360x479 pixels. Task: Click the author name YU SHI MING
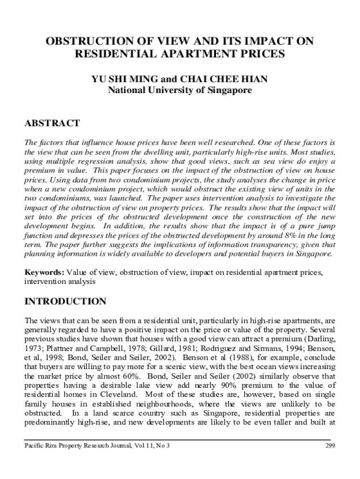point(117,79)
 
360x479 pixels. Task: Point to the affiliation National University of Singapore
point(180,90)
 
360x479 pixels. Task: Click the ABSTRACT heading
point(52,123)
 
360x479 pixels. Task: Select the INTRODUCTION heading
point(65,301)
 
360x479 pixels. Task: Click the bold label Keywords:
point(44,273)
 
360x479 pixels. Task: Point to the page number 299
point(330,445)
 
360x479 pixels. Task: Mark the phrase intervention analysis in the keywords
point(60,282)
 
